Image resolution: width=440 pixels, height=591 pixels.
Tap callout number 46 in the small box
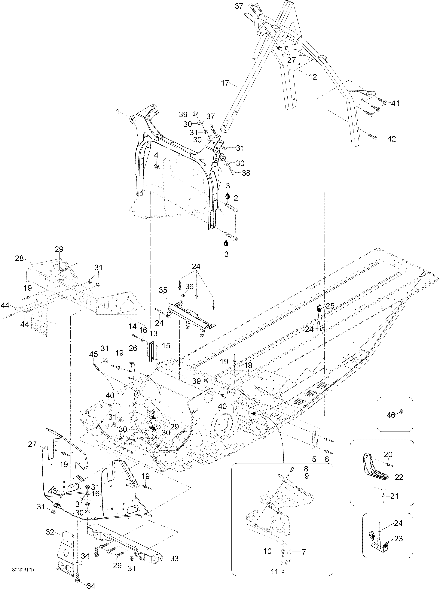(391, 415)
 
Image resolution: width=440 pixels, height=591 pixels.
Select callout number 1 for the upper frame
(118, 112)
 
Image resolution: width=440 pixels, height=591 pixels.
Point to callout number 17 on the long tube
(225, 83)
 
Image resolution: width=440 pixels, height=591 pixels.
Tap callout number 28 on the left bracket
(20, 258)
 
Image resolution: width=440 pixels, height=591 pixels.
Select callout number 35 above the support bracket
(163, 290)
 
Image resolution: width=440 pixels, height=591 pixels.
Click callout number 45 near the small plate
(93, 354)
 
